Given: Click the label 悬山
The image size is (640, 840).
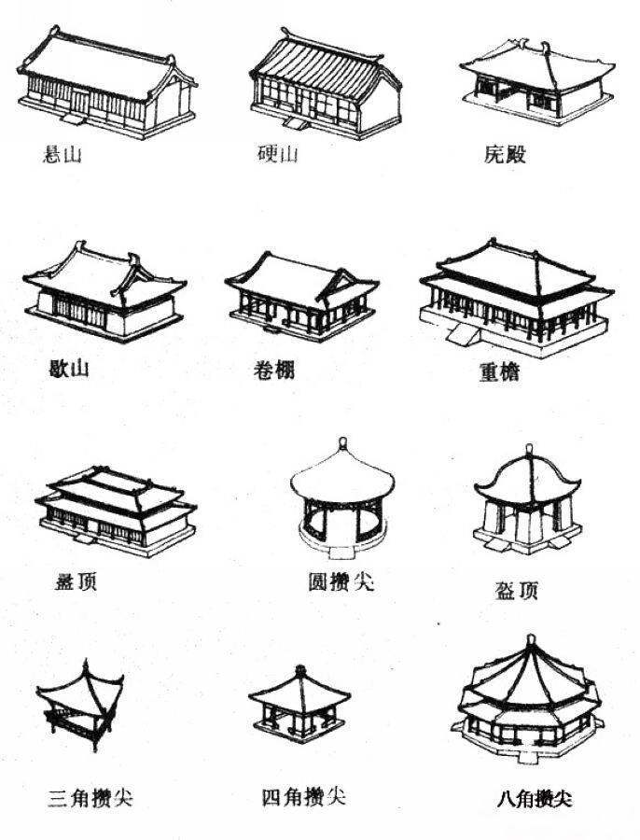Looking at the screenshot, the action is pyautogui.click(x=62, y=155).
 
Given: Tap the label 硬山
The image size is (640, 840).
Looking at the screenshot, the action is pyautogui.click(x=277, y=154).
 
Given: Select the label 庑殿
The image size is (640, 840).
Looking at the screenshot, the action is pyautogui.click(x=505, y=154).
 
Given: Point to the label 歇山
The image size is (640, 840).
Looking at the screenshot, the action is pyautogui.click(x=68, y=369).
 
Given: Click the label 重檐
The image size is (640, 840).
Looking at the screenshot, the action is pyautogui.click(x=499, y=371).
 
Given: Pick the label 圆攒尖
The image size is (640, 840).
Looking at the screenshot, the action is pyautogui.click(x=341, y=581).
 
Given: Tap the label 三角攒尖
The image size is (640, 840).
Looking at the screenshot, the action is pyautogui.click(x=90, y=798).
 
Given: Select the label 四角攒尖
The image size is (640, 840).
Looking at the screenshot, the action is pyautogui.click(x=303, y=797).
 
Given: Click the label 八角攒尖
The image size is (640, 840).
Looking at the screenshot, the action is pyautogui.click(x=534, y=799).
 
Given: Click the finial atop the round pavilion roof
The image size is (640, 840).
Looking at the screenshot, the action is pyautogui.click(x=342, y=444).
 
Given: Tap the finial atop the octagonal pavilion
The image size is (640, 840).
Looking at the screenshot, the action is pyautogui.click(x=531, y=640).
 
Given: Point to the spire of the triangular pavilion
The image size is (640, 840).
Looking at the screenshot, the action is pyautogui.click(x=86, y=666).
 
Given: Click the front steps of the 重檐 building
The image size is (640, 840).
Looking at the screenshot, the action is pyautogui.click(x=462, y=334).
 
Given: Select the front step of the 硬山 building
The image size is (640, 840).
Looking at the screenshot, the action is pyautogui.click(x=296, y=123).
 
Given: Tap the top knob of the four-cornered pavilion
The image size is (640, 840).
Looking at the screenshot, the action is pyautogui.click(x=300, y=669).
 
